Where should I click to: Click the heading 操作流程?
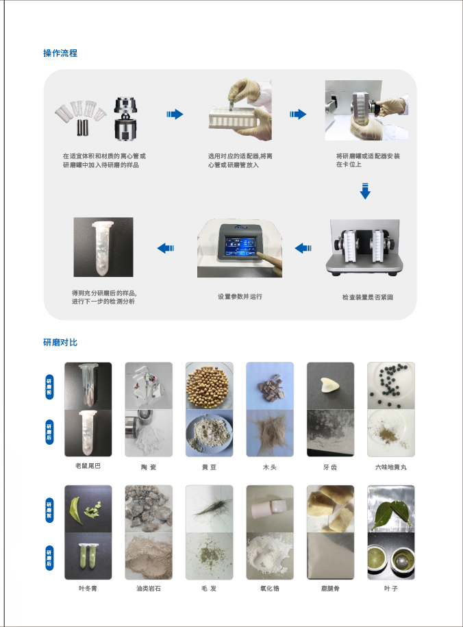click(x=60, y=53)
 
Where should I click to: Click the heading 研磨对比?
click(x=60, y=343)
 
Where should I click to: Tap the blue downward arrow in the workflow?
click(x=365, y=190)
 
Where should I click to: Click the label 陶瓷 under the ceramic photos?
click(x=149, y=467)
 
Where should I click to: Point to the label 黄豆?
click(x=209, y=467)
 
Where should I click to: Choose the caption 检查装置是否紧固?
click(x=367, y=297)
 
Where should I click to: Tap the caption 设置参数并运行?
click(x=240, y=296)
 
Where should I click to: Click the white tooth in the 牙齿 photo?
click(x=329, y=384)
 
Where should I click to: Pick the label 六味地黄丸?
click(x=391, y=467)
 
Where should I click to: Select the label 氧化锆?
click(x=270, y=588)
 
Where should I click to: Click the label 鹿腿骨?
click(x=330, y=588)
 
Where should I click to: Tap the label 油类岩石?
click(x=149, y=588)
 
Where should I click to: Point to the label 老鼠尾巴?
click(x=88, y=466)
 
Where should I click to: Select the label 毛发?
click(x=209, y=588)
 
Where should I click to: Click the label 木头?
click(x=270, y=467)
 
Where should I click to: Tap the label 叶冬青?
click(x=88, y=588)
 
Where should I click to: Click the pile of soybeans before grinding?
click(x=208, y=386)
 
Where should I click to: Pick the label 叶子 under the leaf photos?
click(x=391, y=588)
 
